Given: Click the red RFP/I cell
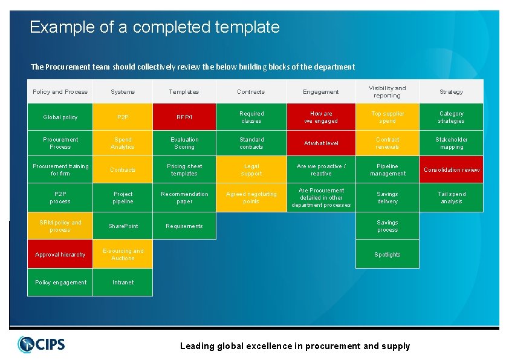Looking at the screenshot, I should click(184, 117).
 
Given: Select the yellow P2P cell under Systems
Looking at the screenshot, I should click(123, 117).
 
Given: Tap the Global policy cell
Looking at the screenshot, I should click(60, 117).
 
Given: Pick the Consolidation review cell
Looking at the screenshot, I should click(452, 170).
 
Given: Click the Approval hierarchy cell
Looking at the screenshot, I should click(60, 255).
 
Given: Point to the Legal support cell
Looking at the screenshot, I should click(251, 170).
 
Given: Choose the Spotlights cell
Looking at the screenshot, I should click(387, 255).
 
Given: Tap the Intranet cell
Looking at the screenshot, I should click(123, 283).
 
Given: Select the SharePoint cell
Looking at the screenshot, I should click(123, 226).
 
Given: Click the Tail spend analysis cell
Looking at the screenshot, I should click(452, 198).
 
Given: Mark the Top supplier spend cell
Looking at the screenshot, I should click(387, 117).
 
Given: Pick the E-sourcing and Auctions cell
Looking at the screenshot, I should click(123, 255).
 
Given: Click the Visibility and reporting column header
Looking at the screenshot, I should click(387, 92).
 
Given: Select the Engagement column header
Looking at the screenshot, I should click(321, 92).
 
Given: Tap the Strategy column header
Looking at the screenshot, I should click(452, 92).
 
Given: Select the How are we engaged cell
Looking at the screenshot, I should click(321, 117).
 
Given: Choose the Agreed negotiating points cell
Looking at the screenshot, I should click(251, 198).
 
